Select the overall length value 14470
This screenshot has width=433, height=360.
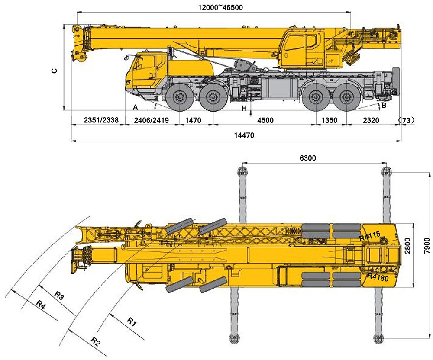(x=244, y=135)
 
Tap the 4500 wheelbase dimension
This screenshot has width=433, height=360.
(x=265, y=120)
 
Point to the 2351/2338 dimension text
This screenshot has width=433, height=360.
(x=98, y=120)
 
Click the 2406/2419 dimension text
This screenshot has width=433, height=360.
(x=152, y=120)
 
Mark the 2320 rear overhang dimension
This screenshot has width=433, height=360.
(x=371, y=120)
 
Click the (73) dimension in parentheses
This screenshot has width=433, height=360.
(x=407, y=120)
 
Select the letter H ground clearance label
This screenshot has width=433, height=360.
(x=244, y=108)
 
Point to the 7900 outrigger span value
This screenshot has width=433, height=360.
(x=428, y=255)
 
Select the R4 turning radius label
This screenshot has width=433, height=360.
(x=40, y=304)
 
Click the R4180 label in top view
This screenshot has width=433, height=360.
(x=378, y=277)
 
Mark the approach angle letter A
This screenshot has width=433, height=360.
(x=136, y=107)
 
